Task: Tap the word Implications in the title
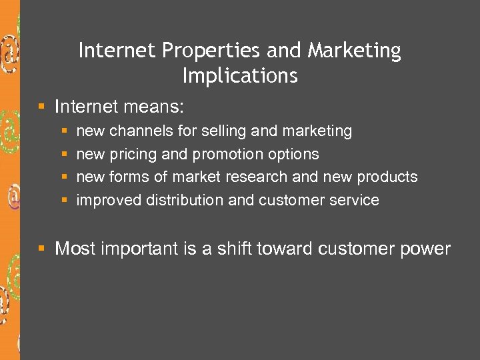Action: pyautogui.click(x=240, y=76)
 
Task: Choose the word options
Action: pyautogui.click(x=293, y=155)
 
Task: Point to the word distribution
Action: pyautogui.click(x=183, y=201)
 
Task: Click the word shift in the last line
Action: pyautogui.click(x=235, y=249)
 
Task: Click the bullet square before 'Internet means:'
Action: pyautogui.click(x=42, y=106)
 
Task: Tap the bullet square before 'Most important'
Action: pyautogui.click(x=42, y=249)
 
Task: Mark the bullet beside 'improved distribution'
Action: pyautogui.click(x=64, y=200)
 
